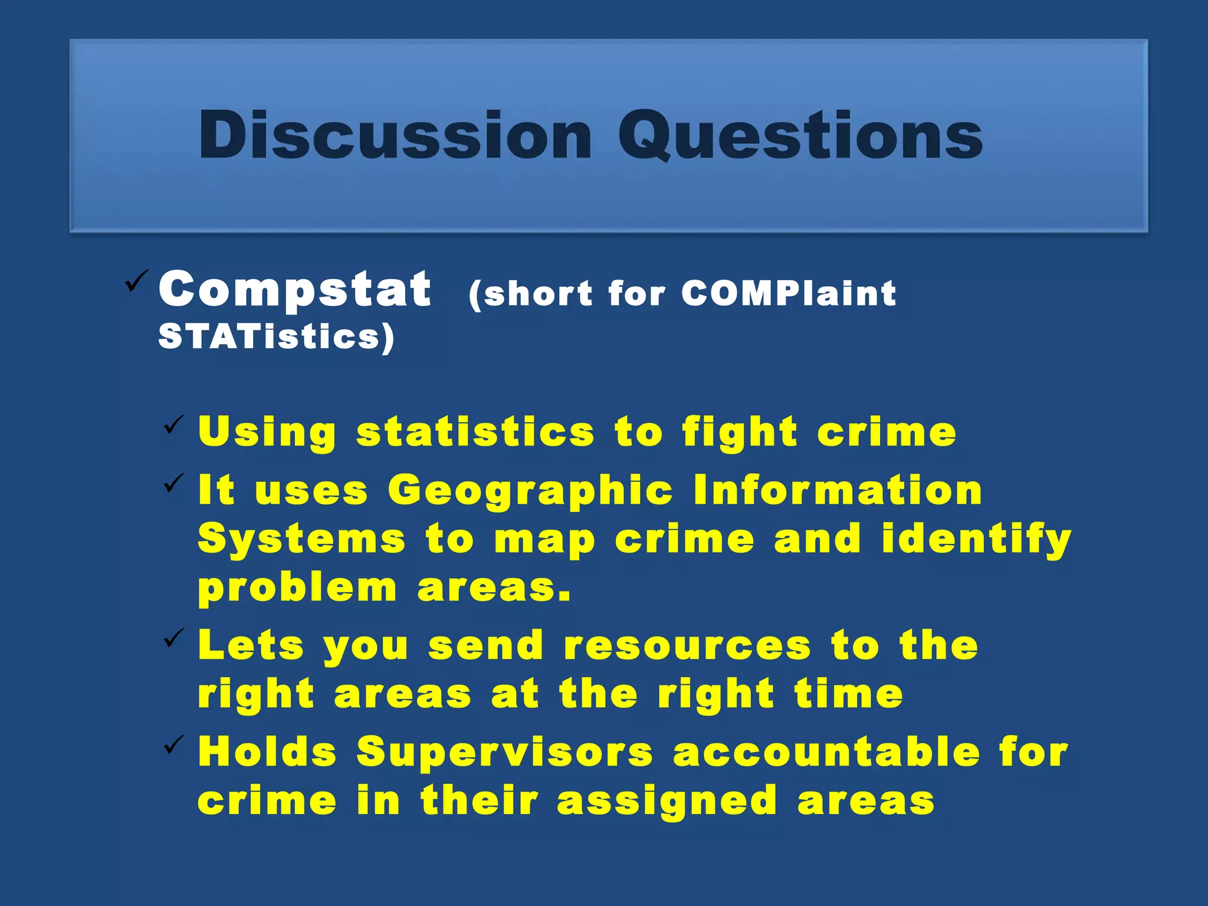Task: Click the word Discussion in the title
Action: click(x=395, y=135)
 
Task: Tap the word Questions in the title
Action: click(x=800, y=135)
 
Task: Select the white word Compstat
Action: click(x=294, y=289)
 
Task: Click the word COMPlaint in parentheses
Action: click(x=789, y=293)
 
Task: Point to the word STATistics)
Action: click(x=276, y=337)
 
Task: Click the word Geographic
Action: click(x=530, y=491)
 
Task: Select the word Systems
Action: click(x=301, y=539)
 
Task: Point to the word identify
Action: click(x=976, y=539)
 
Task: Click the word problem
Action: click(x=297, y=589)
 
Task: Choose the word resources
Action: click(x=688, y=645)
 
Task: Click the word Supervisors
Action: click(x=505, y=753)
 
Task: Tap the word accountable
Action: click(x=826, y=753)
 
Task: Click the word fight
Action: click(x=740, y=432)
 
